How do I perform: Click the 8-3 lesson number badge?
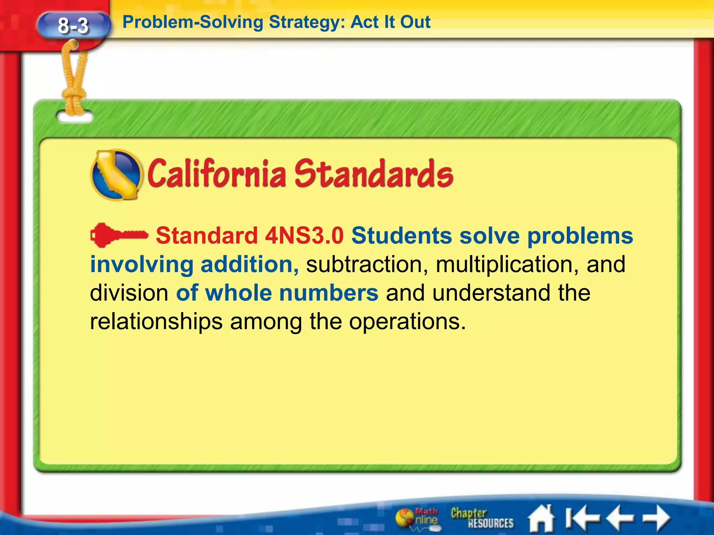coord(73,26)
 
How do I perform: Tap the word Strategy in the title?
coord(307,22)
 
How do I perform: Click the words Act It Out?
coord(390,22)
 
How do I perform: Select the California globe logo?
coord(116,175)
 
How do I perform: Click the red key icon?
coord(119,235)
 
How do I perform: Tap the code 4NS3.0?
coord(304,236)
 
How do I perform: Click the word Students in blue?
coord(401,236)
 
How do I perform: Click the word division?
coord(129,293)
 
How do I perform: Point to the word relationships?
coord(156,321)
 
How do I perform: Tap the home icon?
coord(541,518)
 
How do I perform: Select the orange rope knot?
coord(74,96)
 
